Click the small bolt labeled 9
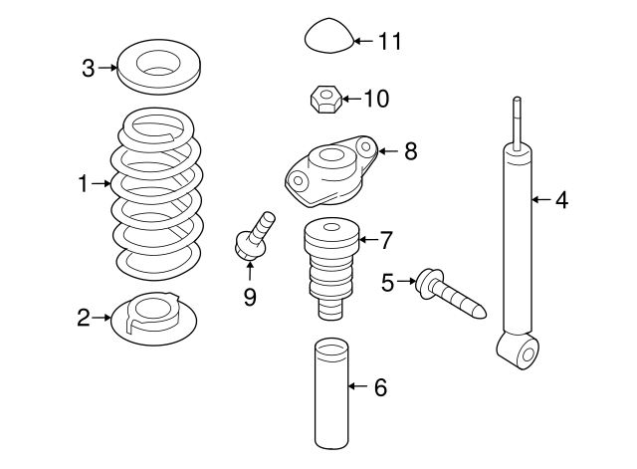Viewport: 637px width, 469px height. (251, 235)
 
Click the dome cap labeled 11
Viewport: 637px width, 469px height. (325, 37)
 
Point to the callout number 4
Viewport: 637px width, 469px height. (561, 200)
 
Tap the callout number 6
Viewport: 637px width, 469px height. (379, 387)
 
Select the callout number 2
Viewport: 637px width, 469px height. (84, 318)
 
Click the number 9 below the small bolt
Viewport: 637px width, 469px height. (250, 296)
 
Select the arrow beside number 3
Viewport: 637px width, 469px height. (106, 68)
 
